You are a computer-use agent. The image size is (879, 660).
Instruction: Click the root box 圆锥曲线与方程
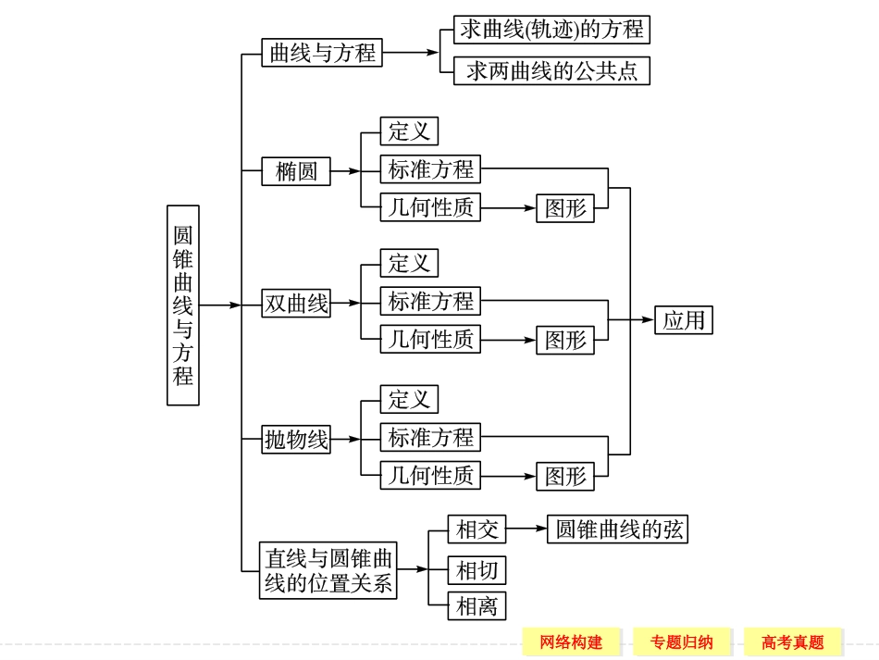(182, 305)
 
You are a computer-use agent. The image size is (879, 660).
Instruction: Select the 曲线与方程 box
(322, 53)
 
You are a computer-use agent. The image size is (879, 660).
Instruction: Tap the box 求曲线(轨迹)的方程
(551, 30)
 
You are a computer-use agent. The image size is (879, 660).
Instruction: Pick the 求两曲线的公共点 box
(551, 71)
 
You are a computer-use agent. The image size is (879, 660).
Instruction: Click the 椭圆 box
(296, 171)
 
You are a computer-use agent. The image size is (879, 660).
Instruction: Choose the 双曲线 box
(296, 304)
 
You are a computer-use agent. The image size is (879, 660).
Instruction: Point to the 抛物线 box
(296, 440)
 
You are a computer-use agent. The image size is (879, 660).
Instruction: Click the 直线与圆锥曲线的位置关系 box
(328, 571)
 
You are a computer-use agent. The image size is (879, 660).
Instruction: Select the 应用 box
(684, 320)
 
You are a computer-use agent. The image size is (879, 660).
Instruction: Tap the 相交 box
(477, 529)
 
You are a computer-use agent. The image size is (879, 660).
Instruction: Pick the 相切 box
(477, 569)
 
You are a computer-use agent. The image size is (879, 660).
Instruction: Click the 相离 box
(477, 605)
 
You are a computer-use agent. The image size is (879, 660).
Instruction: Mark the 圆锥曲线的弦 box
(618, 529)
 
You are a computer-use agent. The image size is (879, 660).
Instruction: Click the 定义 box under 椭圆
(409, 131)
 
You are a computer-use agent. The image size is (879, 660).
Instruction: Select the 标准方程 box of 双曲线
(430, 301)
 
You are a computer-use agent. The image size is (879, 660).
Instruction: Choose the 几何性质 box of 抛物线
(430, 476)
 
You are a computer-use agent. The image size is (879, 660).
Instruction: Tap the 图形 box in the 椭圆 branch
(565, 208)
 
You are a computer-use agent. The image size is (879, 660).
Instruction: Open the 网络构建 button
(571, 641)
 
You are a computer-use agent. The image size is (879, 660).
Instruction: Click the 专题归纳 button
(682, 641)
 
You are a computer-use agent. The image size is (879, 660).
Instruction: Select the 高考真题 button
(793, 641)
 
